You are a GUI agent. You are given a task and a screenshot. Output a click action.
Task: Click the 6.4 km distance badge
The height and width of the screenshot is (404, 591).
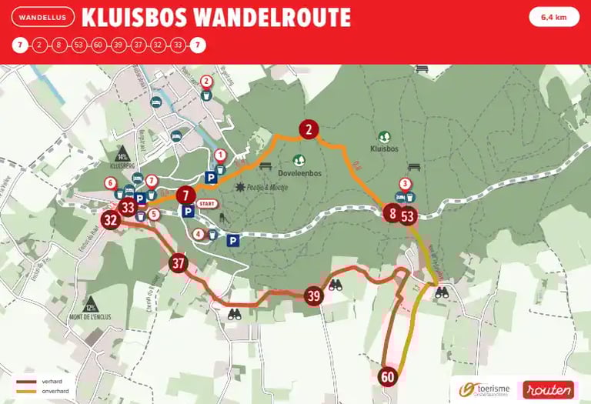tap(554, 17)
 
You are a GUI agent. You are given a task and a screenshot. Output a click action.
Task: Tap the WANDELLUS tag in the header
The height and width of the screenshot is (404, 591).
tap(44, 17)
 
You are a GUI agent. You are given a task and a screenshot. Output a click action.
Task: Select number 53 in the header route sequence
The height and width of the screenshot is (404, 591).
tap(78, 45)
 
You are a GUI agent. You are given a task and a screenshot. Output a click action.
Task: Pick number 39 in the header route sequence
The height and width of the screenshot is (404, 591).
tap(119, 45)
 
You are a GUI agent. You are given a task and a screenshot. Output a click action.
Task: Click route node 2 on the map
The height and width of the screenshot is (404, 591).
tap(309, 129)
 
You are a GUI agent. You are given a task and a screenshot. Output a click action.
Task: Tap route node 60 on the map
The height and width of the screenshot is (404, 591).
tap(387, 377)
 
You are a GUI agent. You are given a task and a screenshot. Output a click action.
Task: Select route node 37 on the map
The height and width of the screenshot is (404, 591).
tap(179, 263)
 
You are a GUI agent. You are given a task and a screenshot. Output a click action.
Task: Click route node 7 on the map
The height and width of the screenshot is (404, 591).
tap(185, 195)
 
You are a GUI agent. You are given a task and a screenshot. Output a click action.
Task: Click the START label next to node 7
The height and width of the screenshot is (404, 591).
tap(206, 204)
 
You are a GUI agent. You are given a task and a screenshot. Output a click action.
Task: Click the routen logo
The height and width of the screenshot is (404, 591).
tap(549, 390)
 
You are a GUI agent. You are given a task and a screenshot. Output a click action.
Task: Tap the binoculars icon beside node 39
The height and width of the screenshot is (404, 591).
tap(336, 285)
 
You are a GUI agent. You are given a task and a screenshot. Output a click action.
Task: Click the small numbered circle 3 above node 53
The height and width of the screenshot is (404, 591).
tap(404, 183)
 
